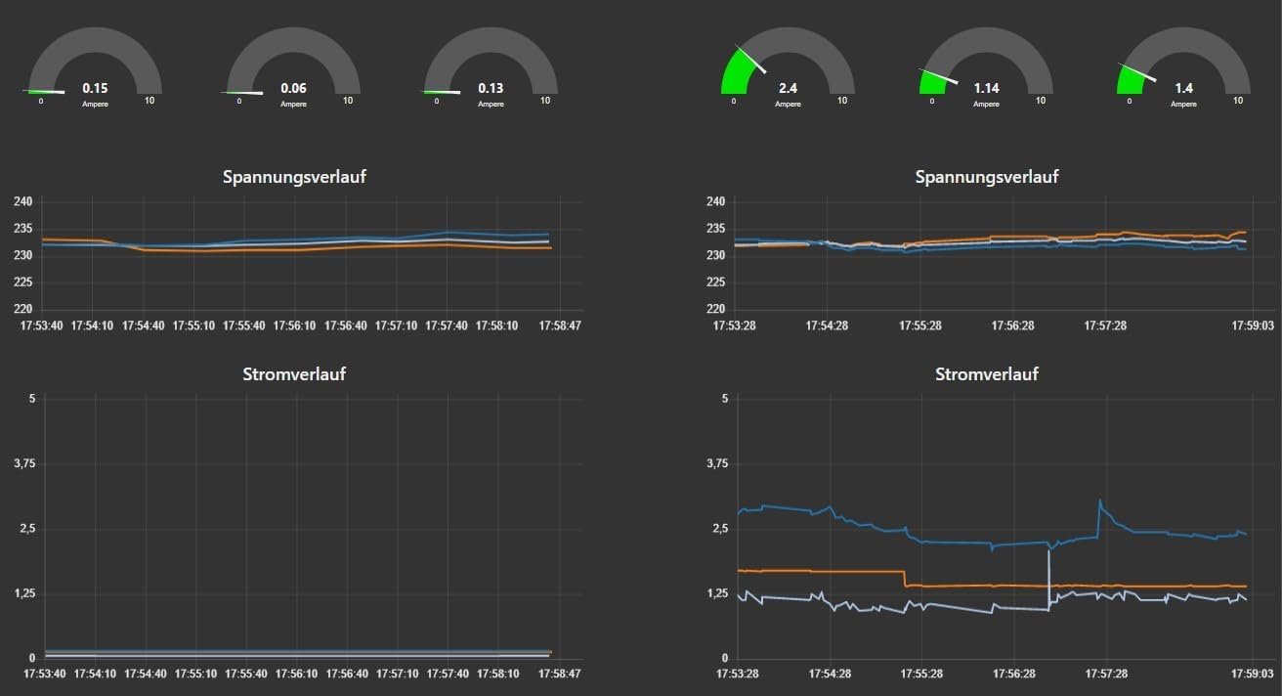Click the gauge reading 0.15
point(95,87)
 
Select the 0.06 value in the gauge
point(293,88)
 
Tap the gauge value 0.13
point(491,88)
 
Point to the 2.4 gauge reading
point(788,88)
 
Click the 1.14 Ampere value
point(986,88)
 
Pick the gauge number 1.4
point(1183,88)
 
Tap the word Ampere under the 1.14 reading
point(986,104)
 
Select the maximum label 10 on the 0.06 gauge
point(347,101)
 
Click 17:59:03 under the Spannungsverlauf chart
point(1251,326)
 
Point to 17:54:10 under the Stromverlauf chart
point(94,674)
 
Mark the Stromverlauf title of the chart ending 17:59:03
point(986,374)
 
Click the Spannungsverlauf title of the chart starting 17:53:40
point(294,177)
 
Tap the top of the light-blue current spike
point(1048,552)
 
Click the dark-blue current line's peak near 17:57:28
point(1100,501)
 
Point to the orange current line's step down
point(906,579)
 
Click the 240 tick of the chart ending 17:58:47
point(23,202)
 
